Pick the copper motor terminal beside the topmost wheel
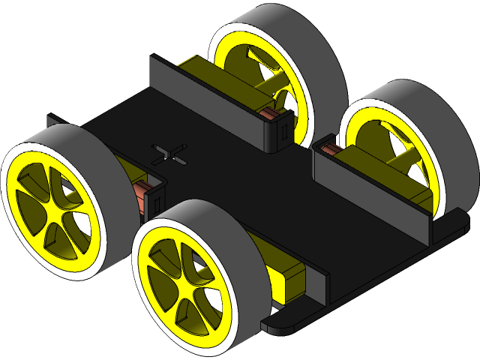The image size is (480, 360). (268, 113)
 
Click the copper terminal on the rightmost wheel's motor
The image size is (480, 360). (328, 151)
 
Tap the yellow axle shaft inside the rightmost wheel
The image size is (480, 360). (405, 157)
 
